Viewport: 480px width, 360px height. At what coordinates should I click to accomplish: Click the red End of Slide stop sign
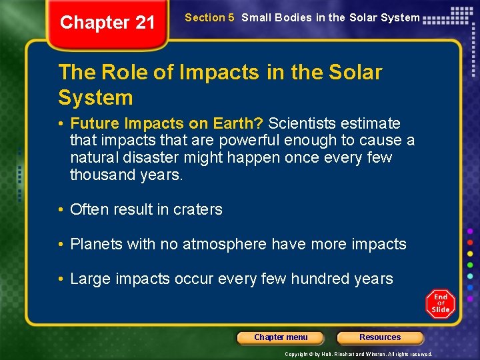tap(440, 304)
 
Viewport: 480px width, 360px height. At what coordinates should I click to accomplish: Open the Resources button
tap(380, 337)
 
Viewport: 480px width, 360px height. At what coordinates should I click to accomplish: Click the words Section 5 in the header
tap(209, 18)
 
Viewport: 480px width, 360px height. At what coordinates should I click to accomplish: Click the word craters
tap(198, 209)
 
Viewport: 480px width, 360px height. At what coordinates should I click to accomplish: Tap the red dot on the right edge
tap(471, 241)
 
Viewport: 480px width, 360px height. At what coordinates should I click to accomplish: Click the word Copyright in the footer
tap(297, 355)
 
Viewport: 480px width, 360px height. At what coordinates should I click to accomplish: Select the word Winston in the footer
tap(373, 355)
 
